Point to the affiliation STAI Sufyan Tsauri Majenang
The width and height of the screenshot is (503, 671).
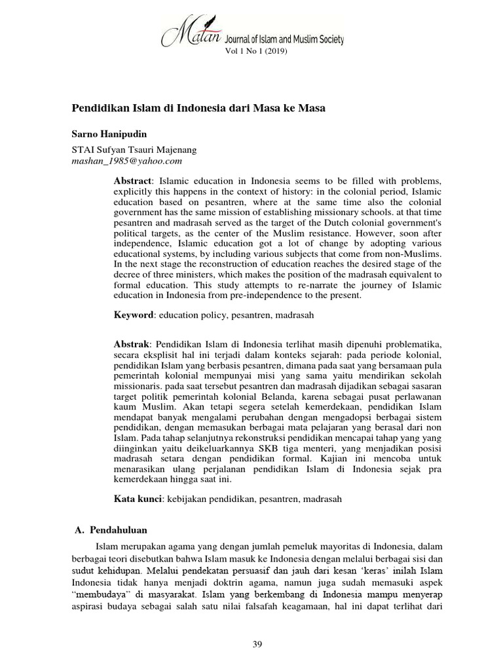[x=133, y=149]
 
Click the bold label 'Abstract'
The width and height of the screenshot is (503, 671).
[x=133, y=180]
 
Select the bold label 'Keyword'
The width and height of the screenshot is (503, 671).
[x=134, y=315]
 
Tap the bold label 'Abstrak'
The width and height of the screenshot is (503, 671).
[x=132, y=344]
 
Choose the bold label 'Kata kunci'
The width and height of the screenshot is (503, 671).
[x=138, y=499]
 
